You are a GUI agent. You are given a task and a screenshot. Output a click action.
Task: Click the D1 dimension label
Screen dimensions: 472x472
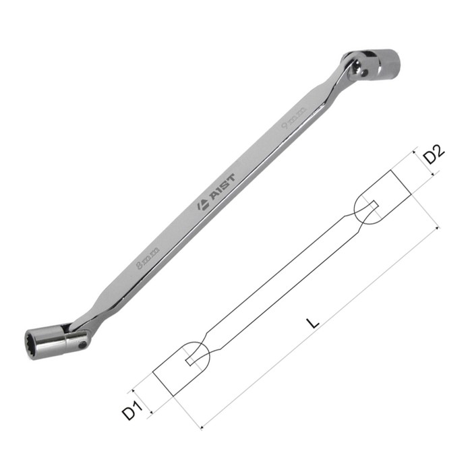(x=131, y=409)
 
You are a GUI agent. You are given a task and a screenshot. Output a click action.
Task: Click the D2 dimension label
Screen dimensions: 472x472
(x=434, y=154)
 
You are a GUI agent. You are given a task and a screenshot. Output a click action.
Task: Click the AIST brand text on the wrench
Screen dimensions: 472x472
(x=223, y=187)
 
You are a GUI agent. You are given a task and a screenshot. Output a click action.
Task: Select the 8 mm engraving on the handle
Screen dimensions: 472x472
(x=147, y=258)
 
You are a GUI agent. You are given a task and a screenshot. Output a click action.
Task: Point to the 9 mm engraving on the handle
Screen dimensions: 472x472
(x=294, y=118)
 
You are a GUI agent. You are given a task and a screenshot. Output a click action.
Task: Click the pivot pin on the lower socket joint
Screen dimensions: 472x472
(x=82, y=345)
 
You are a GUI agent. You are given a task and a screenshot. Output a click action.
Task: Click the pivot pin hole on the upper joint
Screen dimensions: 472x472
(x=365, y=72)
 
